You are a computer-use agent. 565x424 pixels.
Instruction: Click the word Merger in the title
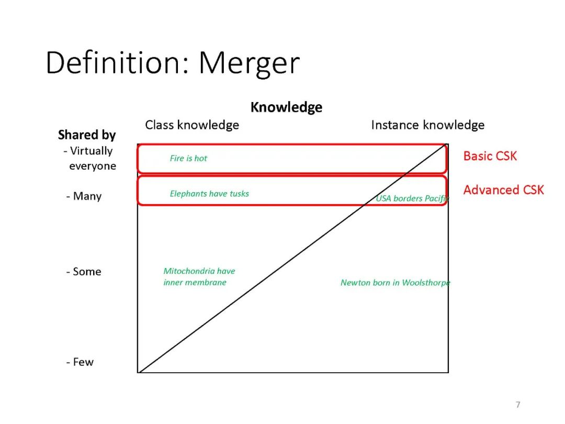click(x=249, y=63)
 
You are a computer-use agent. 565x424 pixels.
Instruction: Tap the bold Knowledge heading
click(x=286, y=107)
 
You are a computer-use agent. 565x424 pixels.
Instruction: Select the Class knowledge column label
click(x=192, y=125)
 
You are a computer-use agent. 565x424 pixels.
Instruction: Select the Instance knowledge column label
click(x=427, y=125)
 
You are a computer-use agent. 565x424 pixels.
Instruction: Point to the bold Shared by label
click(x=87, y=135)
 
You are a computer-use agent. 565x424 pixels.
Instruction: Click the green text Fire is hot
click(x=188, y=159)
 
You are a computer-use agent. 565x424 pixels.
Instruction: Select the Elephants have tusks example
click(x=209, y=194)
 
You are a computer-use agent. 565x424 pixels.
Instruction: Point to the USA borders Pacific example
click(x=412, y=198)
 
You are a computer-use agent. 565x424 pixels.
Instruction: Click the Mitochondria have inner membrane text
click(x=198, y=277)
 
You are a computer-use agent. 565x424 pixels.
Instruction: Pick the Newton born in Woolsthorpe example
click(x=395, y=283)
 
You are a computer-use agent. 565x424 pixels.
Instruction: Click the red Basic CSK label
click(x=490, y=156)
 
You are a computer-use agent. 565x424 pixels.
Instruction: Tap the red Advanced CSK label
click(x=503, y=190)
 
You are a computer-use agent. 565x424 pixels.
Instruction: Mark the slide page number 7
click(x=518, y=405)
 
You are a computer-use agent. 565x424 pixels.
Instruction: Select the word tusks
click(x=239, y=194)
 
